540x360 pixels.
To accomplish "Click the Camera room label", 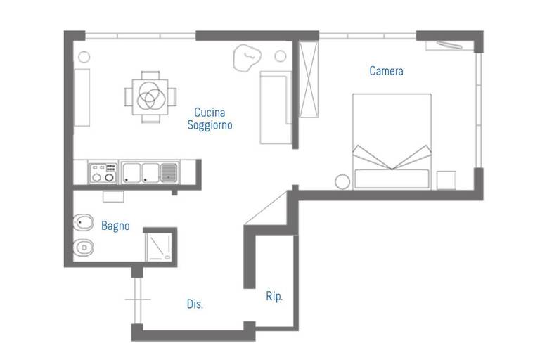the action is tap(386, 71).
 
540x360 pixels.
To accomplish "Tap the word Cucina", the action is tap(210, 112).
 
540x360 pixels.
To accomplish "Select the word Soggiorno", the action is tap(210, 124).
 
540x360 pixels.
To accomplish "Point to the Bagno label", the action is tap(115, 226).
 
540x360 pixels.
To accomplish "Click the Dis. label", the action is tap(195, 304).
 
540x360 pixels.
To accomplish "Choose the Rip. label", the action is tap(274, 296).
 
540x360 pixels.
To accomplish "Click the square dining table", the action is tap(150, 97).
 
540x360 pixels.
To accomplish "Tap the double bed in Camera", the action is tap(392, 141).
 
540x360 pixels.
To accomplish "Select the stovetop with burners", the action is tap(103, 172).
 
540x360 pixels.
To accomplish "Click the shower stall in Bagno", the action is tap(159, 247).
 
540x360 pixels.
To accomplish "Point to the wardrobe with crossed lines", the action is tap(309, 79).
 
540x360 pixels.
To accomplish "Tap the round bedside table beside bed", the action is tap(342, 182).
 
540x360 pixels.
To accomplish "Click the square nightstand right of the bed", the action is tap(446, 180).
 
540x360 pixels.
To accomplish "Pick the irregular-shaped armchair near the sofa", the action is tap(247, 58).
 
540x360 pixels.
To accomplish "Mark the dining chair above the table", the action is tap(150, 75).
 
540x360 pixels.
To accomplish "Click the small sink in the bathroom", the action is tap(113, 197).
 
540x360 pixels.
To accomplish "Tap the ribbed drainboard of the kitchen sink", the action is tap(169, 172).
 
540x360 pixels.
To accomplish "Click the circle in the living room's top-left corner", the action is tap(84, 57).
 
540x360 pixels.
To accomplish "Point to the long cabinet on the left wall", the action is tap(82, 98).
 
